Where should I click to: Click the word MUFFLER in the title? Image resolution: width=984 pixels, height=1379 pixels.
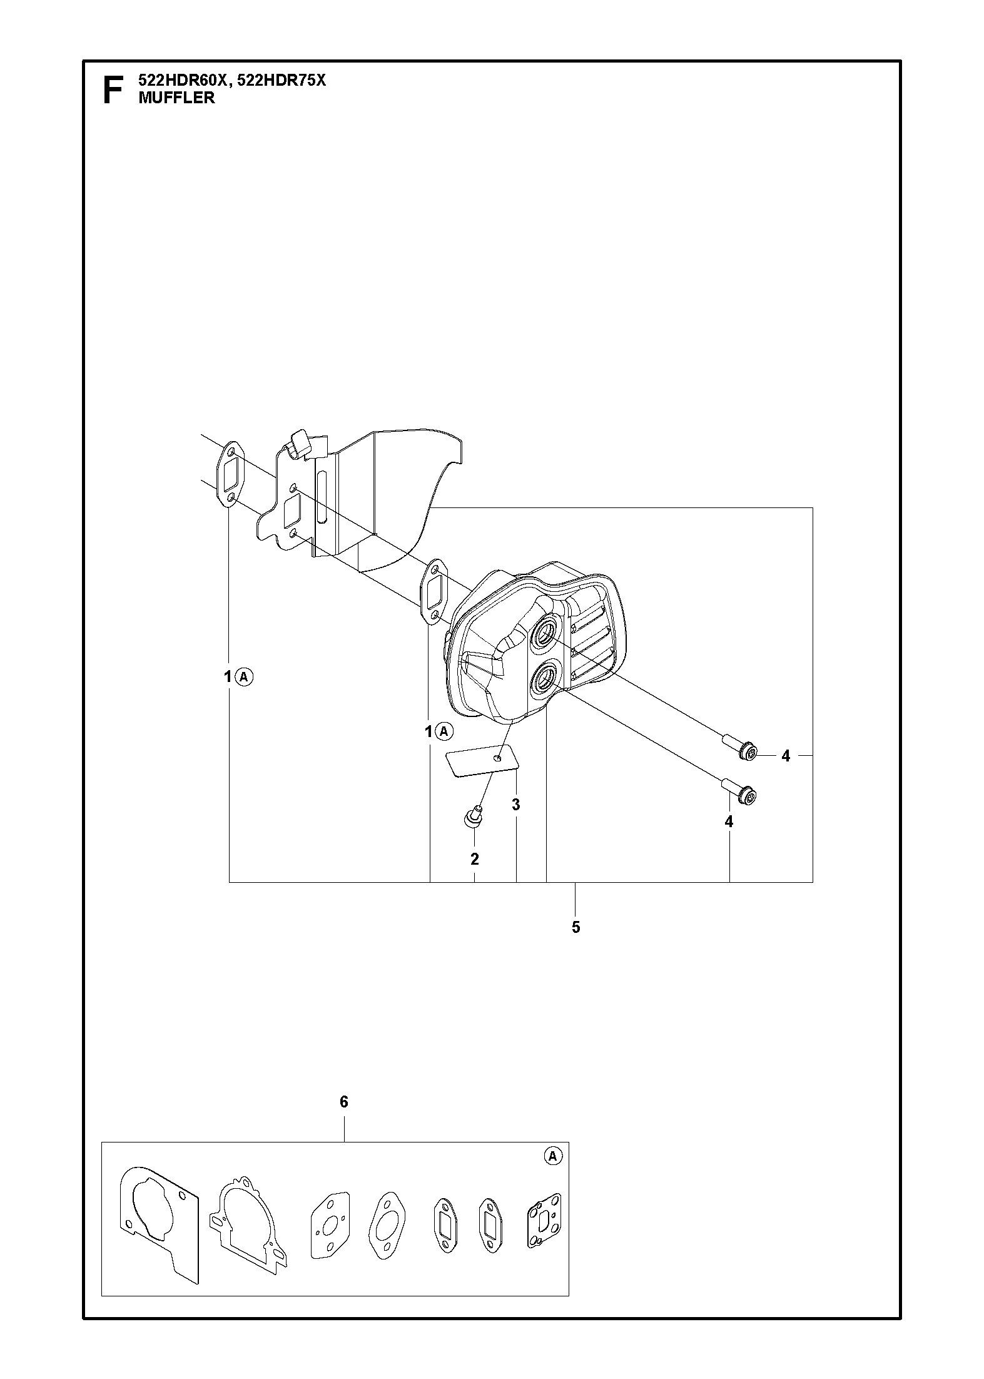pos(176,98)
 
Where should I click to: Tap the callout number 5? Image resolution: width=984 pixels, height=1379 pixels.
pos(576,927)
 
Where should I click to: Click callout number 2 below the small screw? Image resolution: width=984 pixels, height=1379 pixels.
pos(475,859)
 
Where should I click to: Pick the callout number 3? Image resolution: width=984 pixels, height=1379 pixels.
pos(516,805)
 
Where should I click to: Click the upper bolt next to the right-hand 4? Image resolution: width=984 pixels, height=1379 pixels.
pos(740,748)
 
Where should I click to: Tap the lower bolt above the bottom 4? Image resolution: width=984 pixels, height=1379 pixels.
pos(740,791)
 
